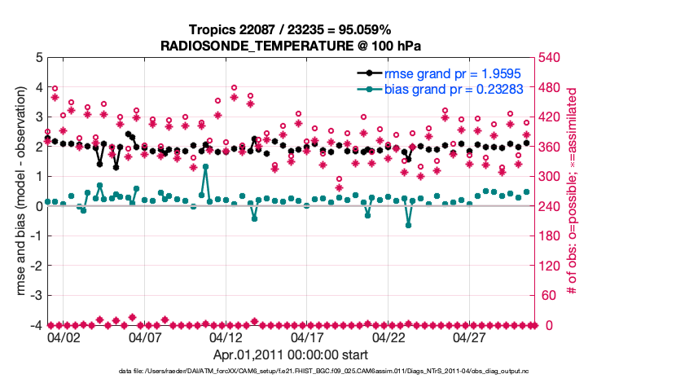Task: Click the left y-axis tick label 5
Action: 38,58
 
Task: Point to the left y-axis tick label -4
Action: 36,325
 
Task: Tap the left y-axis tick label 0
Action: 38,206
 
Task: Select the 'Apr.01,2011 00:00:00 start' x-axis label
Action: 290,355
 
